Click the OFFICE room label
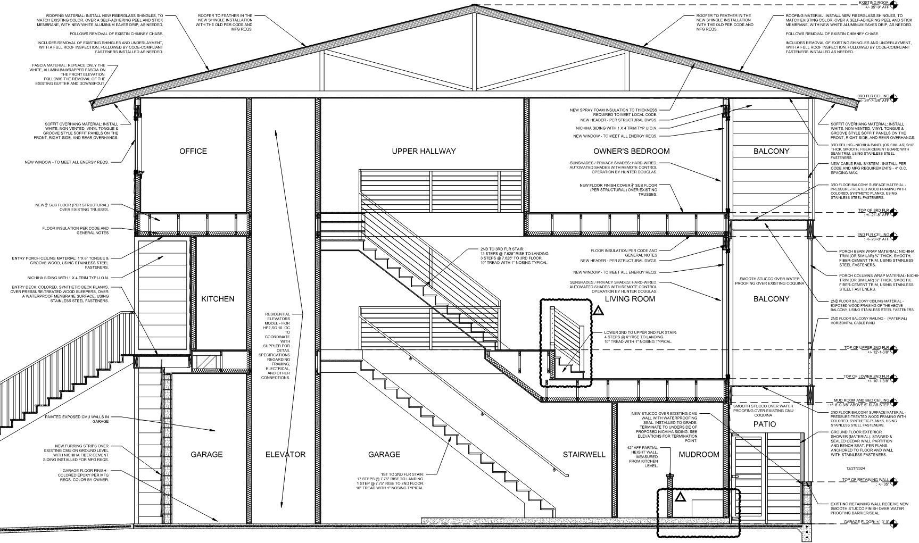193,151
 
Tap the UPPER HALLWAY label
424,151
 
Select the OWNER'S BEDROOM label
631,151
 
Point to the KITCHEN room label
218,299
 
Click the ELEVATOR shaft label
285,454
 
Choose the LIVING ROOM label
630,299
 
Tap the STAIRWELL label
584,454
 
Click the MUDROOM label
699,454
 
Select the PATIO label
764,424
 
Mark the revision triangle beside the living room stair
598,311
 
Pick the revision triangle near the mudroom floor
680,498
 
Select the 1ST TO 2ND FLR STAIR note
390,481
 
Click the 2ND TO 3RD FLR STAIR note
514,255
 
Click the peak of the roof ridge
473,6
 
